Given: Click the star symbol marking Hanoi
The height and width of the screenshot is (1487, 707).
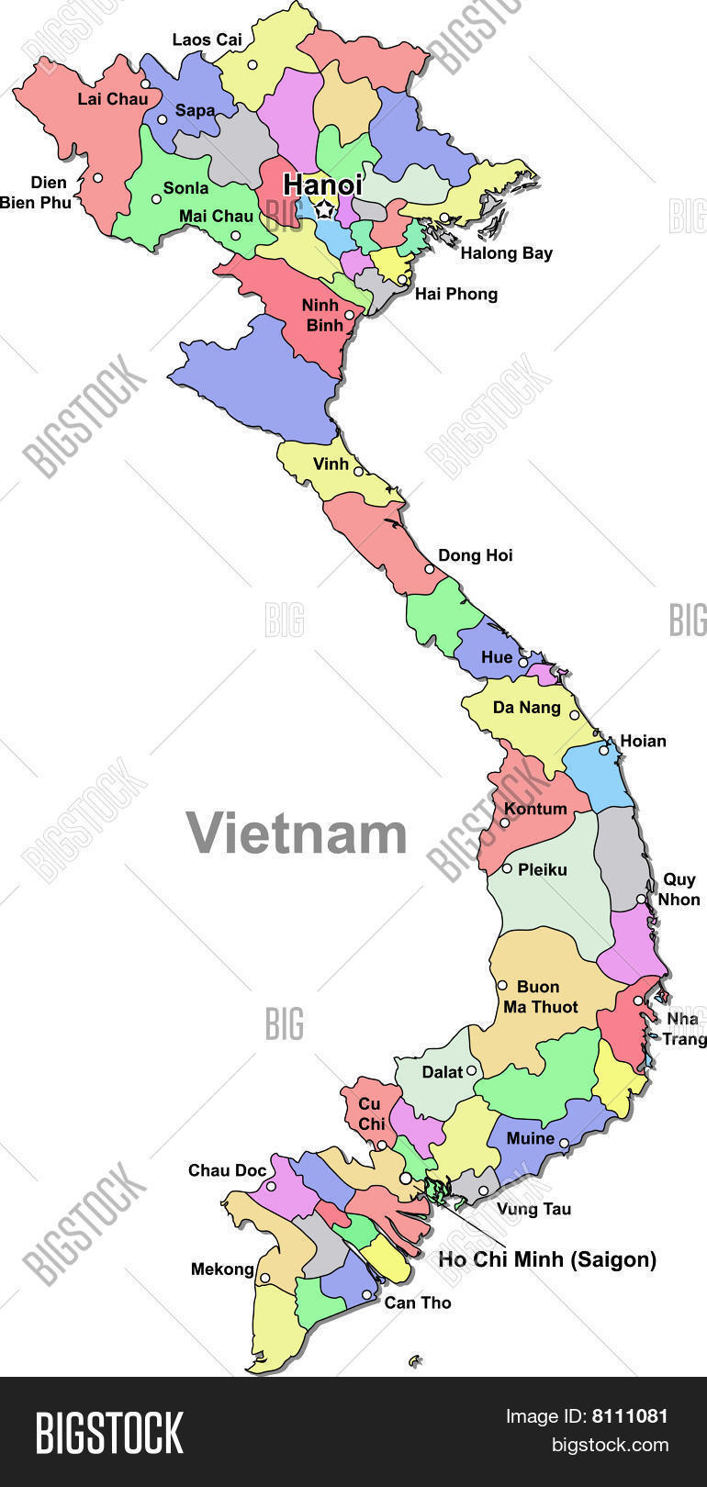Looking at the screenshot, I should (324, 210).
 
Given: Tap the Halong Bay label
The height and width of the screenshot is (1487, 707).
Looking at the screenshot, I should (506, 253).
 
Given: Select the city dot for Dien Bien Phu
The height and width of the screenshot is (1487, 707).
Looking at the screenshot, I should (97, 178).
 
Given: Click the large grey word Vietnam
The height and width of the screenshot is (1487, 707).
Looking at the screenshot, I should (297, 833).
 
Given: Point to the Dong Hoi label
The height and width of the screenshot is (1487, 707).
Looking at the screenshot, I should (475, 555).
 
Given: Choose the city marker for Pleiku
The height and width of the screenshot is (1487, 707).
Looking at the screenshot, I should (507, 868).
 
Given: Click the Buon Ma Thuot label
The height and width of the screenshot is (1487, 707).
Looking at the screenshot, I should (540, 997).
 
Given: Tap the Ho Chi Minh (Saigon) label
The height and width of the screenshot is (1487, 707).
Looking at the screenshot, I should (547, 1259).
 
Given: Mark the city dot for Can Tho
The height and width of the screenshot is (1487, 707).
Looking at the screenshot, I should (366, 1295).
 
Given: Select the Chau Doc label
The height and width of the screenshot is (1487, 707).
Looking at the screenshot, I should (227, 1170).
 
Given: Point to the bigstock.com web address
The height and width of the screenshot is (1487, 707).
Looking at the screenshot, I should (609, 1446).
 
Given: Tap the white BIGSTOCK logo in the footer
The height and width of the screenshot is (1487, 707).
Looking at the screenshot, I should (109, 1433).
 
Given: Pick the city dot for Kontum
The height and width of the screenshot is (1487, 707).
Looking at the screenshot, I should (503, 822).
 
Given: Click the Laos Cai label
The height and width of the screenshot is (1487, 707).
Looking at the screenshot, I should (208, 39).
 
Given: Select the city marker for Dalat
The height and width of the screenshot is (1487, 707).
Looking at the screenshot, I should (471, 1070).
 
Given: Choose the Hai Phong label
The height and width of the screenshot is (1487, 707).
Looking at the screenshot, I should (456, 294).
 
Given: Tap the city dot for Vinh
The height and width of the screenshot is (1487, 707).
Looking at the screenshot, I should (358, 472).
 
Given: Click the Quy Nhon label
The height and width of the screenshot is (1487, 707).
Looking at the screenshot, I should (679, 889).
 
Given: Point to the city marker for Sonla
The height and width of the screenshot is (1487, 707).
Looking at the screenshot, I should (156, 199).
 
